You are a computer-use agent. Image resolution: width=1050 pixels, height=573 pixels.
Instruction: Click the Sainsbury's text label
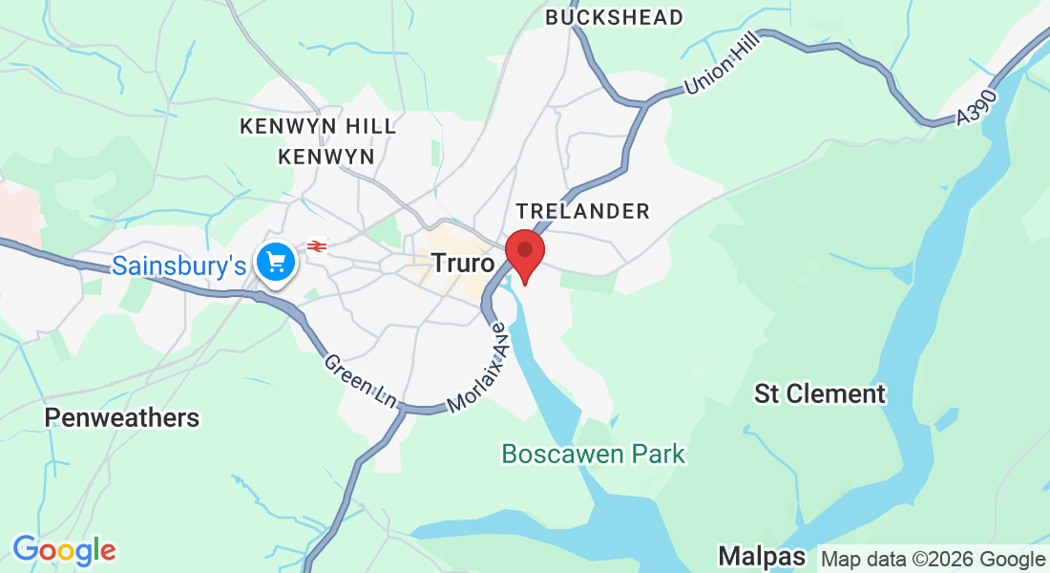click(x=179, y=265)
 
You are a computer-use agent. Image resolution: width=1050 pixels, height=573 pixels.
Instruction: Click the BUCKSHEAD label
click(x=615, y=17)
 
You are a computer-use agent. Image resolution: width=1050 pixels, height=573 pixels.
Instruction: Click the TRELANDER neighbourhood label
click(x=582, y=211)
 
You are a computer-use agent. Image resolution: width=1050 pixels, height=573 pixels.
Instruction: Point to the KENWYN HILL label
click(x=318, y=126)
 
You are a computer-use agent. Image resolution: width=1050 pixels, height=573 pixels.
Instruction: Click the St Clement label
click(x=820, y=393)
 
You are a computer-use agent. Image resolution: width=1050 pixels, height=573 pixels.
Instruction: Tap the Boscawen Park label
click(x=594, y=454)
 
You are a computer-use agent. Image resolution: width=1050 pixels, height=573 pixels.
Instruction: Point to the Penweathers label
click(x=122, y=417)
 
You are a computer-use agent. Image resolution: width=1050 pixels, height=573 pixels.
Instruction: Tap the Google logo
click(x=64, y=550)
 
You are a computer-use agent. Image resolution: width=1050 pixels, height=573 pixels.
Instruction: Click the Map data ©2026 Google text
click(x=934, y=559)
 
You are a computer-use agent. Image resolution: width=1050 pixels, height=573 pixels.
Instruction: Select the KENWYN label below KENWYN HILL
click(x=325, y=156)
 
